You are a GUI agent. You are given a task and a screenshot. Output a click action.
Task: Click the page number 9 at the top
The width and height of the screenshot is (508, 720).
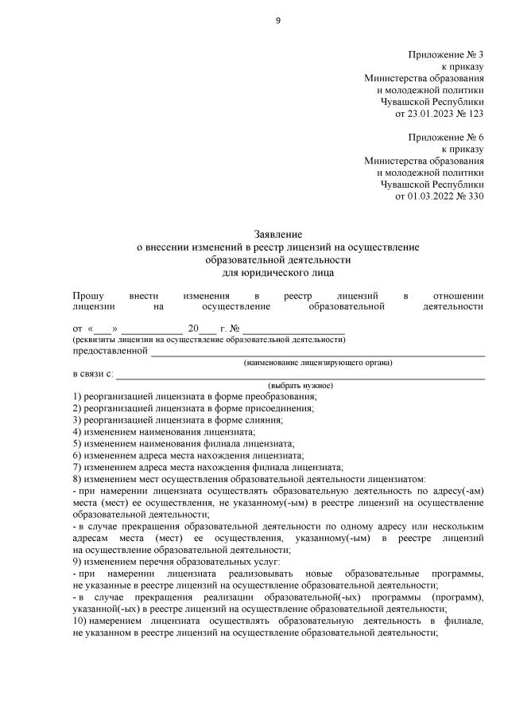click(x=278, y=20)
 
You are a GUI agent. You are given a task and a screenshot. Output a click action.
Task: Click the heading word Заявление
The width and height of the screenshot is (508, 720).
click(x=277, y=235)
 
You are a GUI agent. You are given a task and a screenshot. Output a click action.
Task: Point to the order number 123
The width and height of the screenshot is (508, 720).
click(x=475, y=113)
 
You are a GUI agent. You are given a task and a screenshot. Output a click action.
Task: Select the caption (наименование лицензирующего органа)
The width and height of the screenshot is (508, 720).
click(x=318, y=363)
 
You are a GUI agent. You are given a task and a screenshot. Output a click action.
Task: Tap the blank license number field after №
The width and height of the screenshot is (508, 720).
click(x=293, y=329)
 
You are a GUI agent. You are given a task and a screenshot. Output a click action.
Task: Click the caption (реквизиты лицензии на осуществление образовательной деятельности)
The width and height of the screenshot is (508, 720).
click(x=208, y=340)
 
